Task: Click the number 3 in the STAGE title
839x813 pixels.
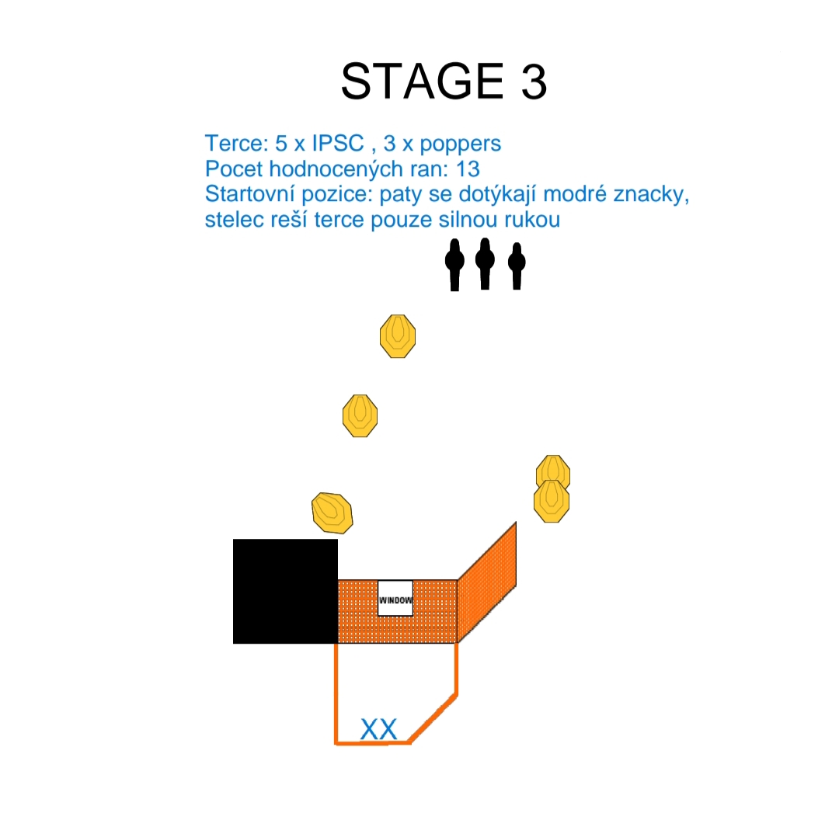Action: click(534, 82)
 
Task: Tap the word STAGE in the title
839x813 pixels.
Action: click(423, 82)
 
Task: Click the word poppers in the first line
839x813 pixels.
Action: click(460, 144)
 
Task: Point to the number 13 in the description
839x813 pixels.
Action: click(468, 169)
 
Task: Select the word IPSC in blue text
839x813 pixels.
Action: click(338, 144)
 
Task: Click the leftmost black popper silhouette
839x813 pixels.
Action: click(454, 265)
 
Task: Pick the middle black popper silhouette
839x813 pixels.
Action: click(485, 264)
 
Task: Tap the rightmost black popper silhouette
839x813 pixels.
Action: click(517, 266)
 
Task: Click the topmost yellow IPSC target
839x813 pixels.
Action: click(398, 336)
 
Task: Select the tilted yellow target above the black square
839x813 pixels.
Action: click(332, 513)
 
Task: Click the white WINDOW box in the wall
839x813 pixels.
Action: click(395, 598)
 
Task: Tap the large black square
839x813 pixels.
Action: click(285, 591)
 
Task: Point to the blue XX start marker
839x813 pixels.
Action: click(379, 729)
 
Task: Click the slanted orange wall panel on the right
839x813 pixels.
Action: click(487, 582)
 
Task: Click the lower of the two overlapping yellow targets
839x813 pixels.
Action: click(552, 501)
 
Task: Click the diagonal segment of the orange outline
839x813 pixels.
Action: click(433, 718)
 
